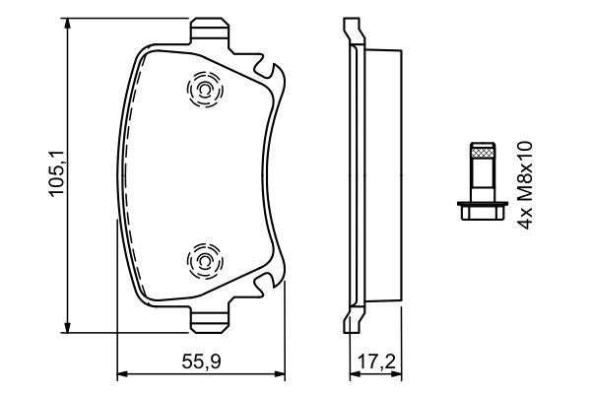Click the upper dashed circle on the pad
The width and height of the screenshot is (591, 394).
tap(204, 93)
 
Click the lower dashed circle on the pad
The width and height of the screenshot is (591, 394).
tap(204, 261)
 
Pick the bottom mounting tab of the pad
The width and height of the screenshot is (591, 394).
tap(209, 322)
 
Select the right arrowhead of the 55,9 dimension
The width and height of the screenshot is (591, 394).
tap(283, 375)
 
